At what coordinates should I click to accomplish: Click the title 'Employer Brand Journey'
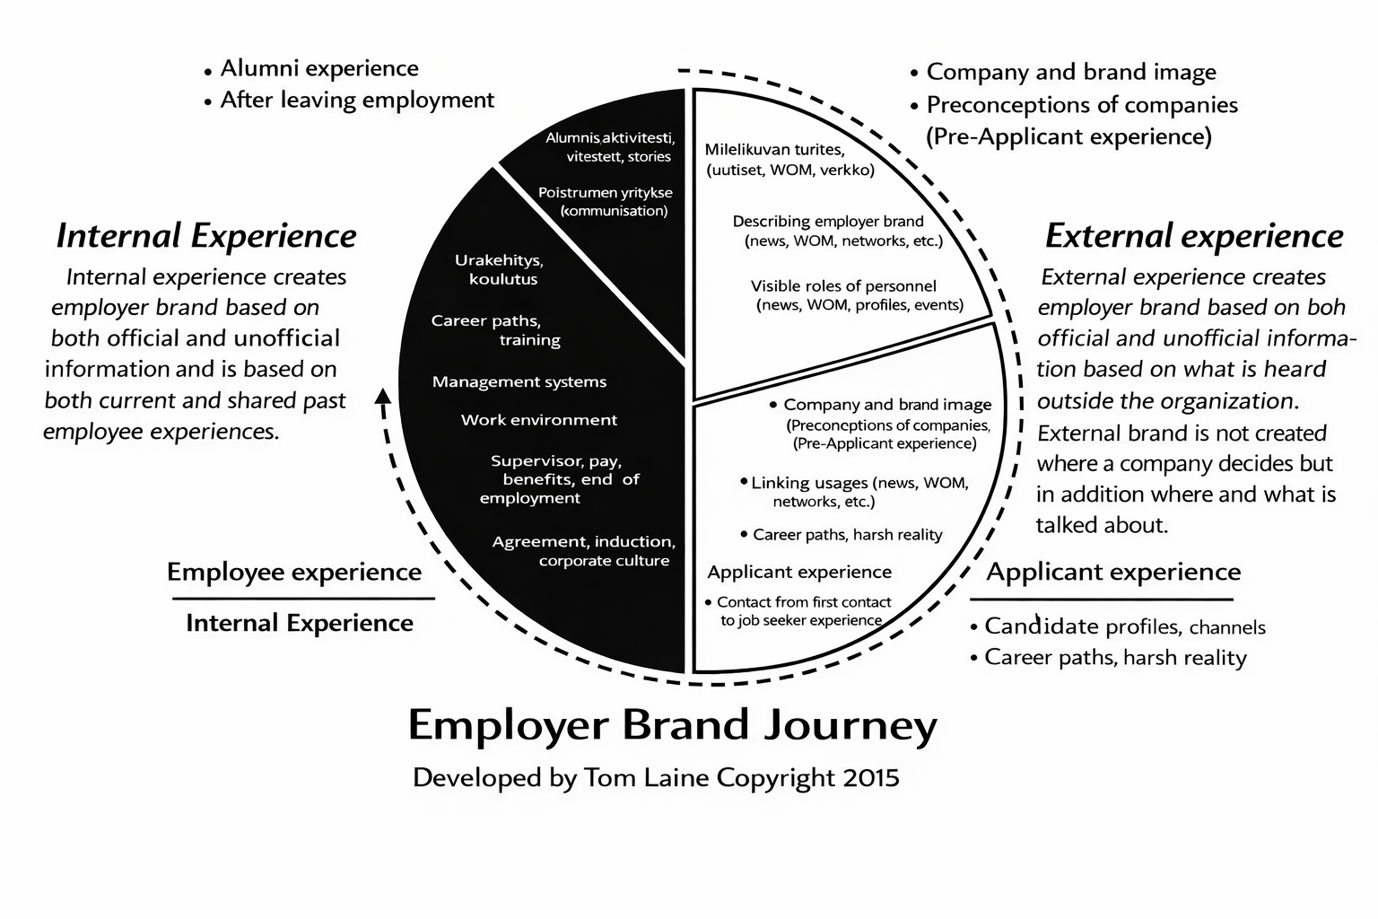672,725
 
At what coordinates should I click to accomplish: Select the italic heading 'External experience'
1194,236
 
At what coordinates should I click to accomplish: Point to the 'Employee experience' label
294,573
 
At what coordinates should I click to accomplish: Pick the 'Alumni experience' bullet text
319,68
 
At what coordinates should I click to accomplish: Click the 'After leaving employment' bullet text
357,100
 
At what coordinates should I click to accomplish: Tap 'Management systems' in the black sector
519,382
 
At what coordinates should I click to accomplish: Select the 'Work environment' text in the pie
539,420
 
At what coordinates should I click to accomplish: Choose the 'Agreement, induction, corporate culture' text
584,551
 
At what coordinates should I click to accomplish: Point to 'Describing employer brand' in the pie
828,221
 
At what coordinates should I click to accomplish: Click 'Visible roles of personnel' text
843,286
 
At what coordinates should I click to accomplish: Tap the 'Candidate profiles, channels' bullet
1125,626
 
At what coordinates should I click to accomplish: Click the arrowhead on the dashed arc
383,396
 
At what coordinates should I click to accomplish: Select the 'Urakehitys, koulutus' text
500,269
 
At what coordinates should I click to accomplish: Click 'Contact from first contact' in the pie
804,602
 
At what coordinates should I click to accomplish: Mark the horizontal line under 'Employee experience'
301,599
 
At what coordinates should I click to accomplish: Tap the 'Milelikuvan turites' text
774,149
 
